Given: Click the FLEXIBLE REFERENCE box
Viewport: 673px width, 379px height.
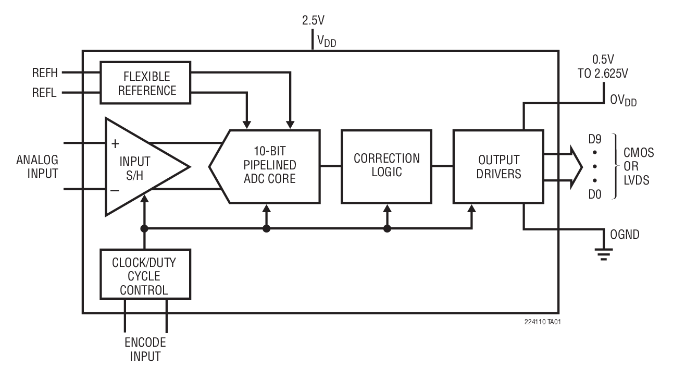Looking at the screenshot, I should [146, 82].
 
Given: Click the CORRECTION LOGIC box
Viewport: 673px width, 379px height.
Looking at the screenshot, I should [386, 166].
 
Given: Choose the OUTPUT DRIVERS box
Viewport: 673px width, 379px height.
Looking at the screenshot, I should [498, 166].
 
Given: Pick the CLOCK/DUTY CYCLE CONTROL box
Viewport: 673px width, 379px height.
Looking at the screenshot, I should [144, 274].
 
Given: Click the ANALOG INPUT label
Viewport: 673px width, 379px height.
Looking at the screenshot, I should [37, 166].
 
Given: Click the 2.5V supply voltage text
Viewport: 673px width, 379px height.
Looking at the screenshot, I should [314, 21].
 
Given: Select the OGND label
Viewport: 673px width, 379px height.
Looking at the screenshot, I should [625, 235].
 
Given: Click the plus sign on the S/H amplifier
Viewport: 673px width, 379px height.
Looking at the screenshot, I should [115, 144].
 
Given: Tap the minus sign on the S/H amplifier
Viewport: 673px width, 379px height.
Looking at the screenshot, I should [115, 190].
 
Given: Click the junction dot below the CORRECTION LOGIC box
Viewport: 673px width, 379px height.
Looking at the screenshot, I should [387, 229].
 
